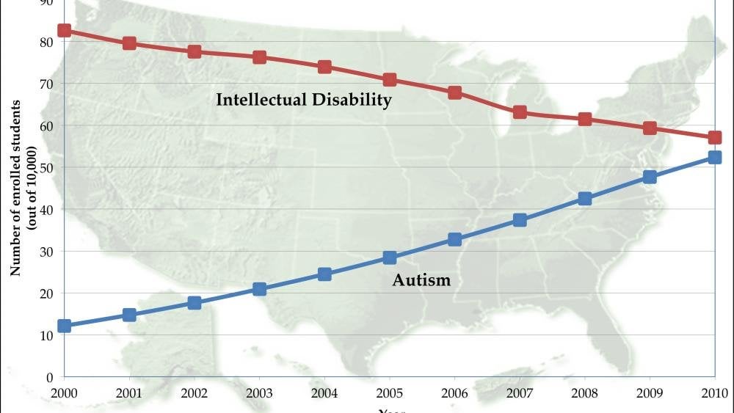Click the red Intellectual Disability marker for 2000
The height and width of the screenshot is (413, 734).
click(x=65, y=31)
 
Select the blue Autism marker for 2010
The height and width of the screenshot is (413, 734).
click(x=714, y=157)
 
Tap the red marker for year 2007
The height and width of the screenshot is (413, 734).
click(x=520, y=112)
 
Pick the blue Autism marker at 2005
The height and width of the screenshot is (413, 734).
click(x=390, y=257)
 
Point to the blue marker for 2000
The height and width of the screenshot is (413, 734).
click(x=65, y=326)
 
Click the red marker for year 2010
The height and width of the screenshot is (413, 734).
click(x=714, y=137)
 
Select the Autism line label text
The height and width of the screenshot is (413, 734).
click(x=421, y=279)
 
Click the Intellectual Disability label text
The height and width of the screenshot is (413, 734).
click(x=303, y=100)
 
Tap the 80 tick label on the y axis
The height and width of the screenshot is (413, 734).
click(x=46, y=42)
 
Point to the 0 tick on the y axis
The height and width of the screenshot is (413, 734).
click(x=50, y=377)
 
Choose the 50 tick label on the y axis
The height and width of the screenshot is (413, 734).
click(x=46, y=168)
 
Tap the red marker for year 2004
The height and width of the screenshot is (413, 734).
click(x=324, y=67)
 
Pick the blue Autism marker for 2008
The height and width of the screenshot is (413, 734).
click(x=584, y=199)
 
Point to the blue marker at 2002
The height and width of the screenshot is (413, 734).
click(x=195, y=302)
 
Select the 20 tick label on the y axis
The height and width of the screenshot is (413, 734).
click(x=46, y=293)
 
